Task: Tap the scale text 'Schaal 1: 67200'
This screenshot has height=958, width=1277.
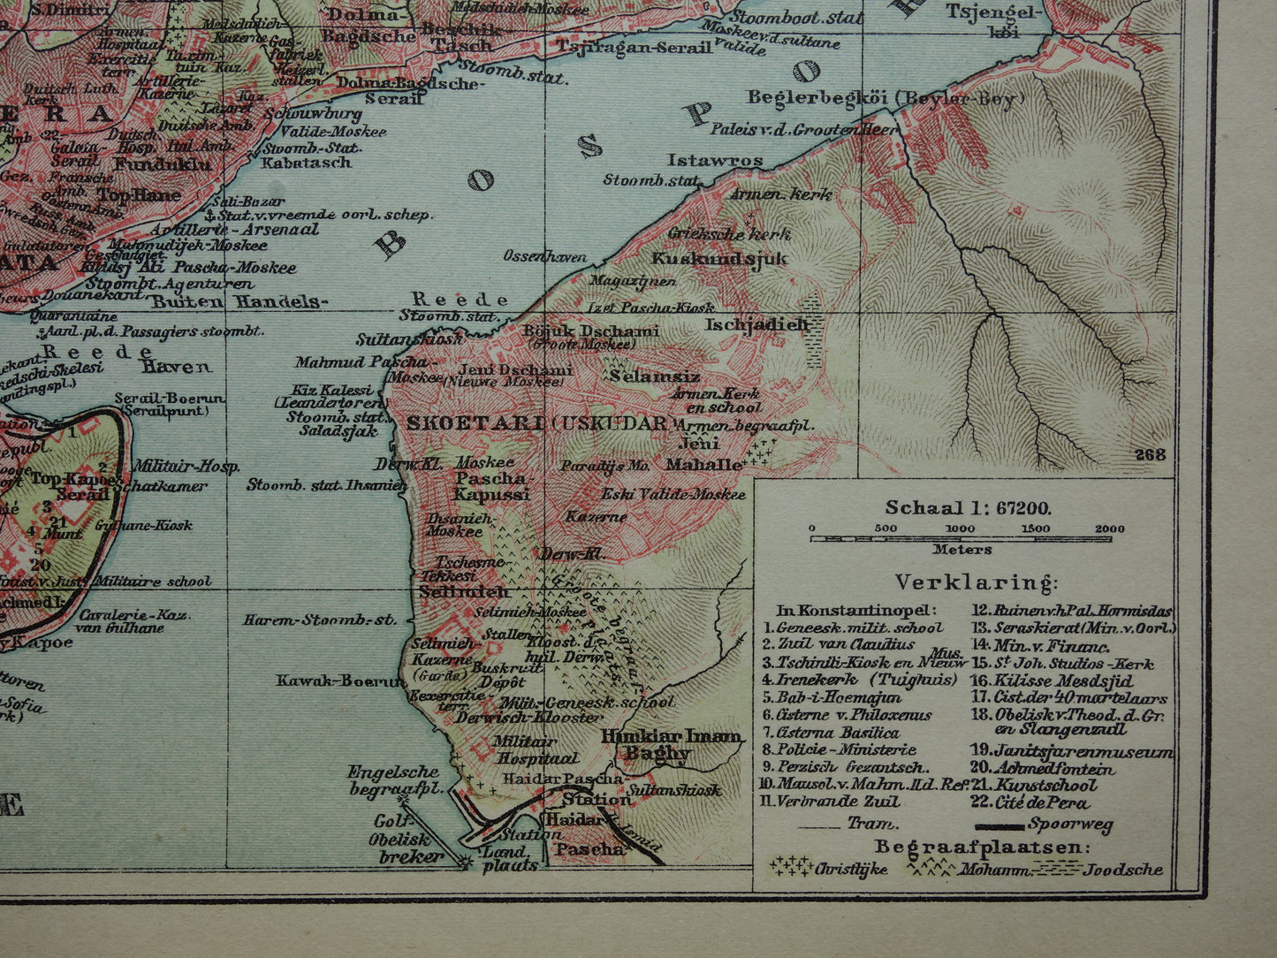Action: (968, 508)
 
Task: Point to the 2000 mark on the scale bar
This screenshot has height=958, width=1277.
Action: (1110, 529)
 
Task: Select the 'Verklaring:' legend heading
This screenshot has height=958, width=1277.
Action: (975, 582)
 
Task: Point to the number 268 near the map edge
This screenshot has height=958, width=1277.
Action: (1150, 454)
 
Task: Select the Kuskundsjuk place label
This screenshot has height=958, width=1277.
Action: (718, 258)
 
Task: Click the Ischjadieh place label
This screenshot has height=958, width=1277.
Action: (756, 324)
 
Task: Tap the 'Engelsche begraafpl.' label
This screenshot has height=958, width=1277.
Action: (393, 779)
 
